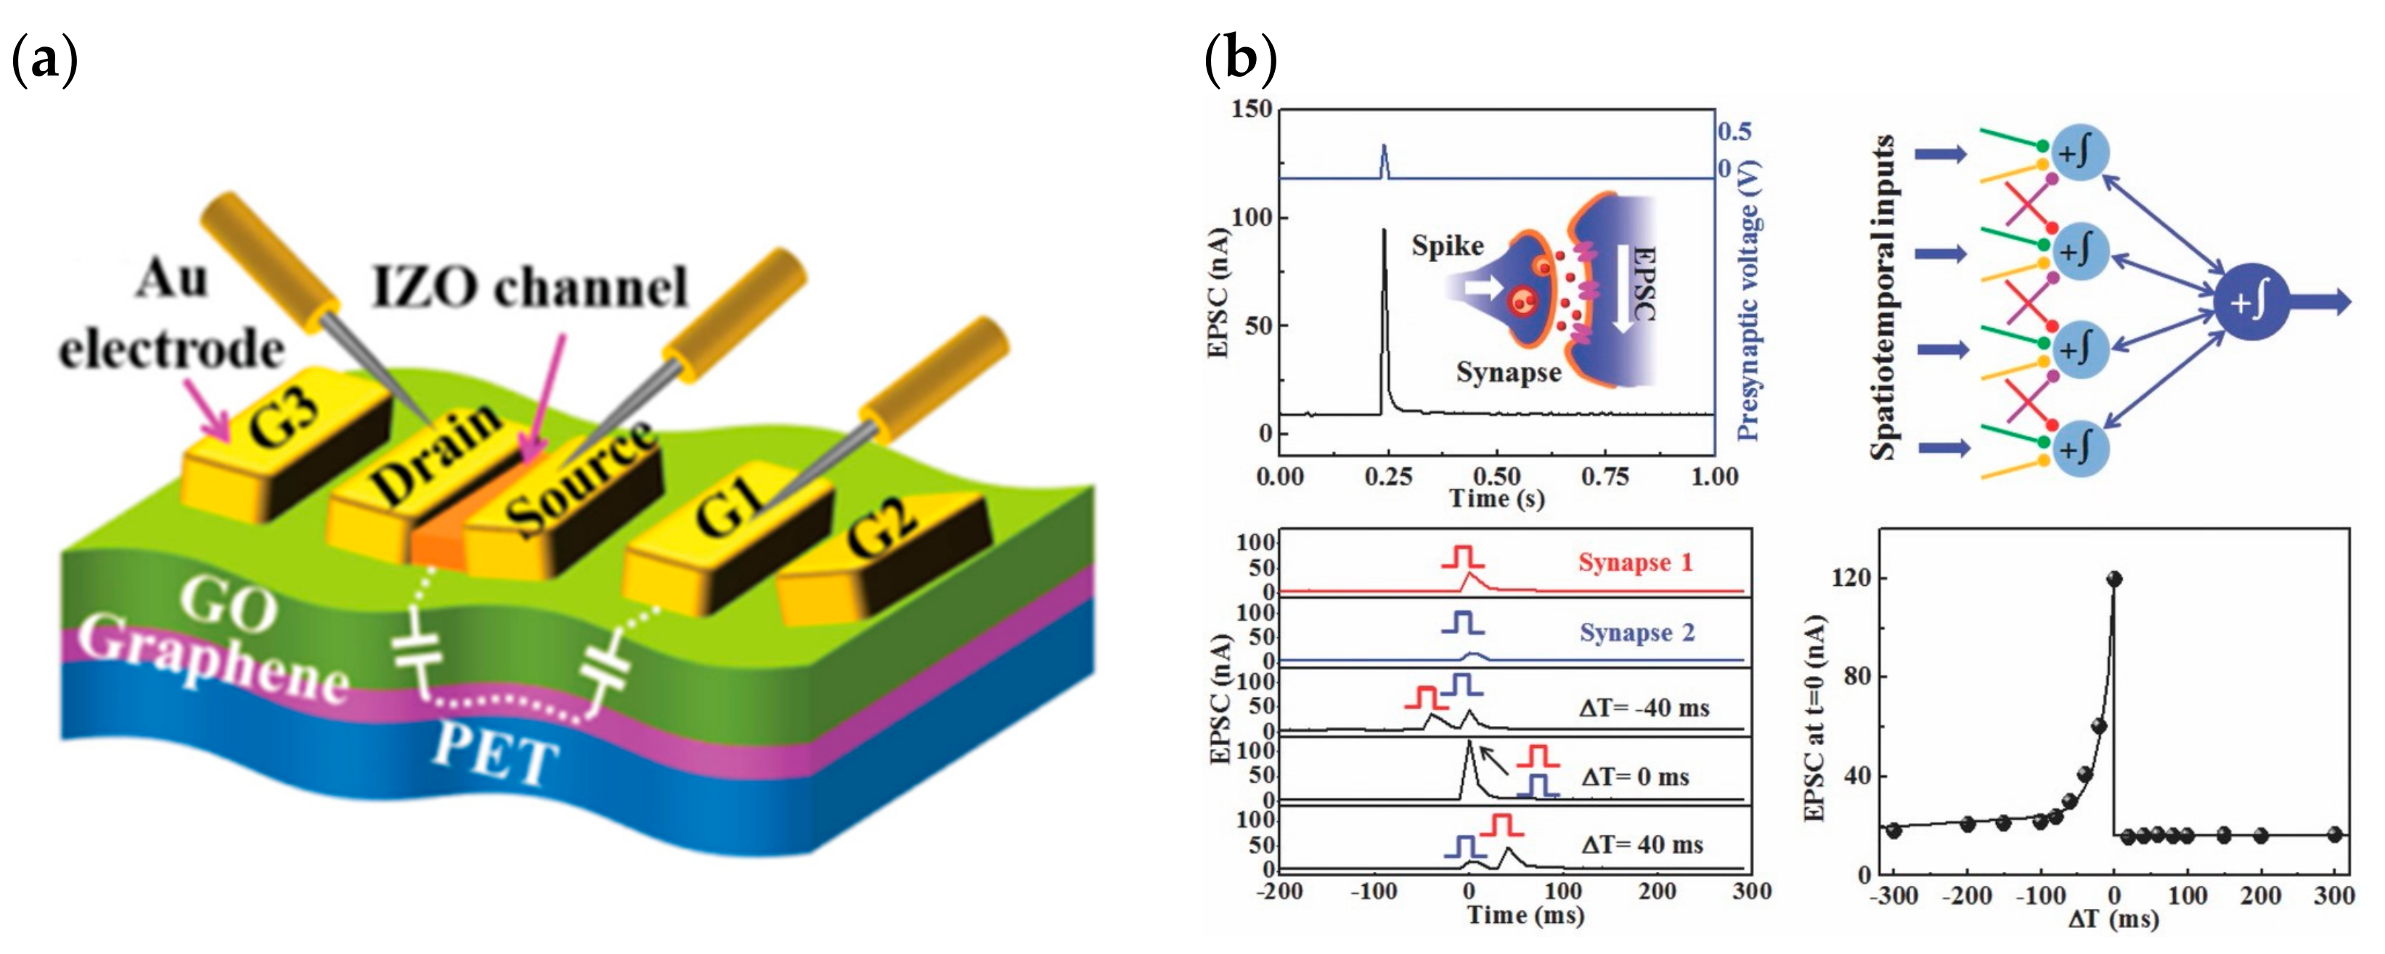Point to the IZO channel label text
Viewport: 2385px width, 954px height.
coord(529,287)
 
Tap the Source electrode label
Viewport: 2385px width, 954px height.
coord(579,481)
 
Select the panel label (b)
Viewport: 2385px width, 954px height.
coord(1241,60)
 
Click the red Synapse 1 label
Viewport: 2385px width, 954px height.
coord(1635,562)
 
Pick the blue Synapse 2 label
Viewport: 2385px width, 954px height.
coord(1637,632)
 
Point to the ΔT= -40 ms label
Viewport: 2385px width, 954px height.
coord(1644,709)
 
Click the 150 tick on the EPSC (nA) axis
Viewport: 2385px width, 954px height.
coord(1252,110)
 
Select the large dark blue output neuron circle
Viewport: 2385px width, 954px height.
coord(2251,302)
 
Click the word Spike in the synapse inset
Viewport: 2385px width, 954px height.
coord(1447,245)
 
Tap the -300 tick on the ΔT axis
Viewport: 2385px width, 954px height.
coord(1893,897)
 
